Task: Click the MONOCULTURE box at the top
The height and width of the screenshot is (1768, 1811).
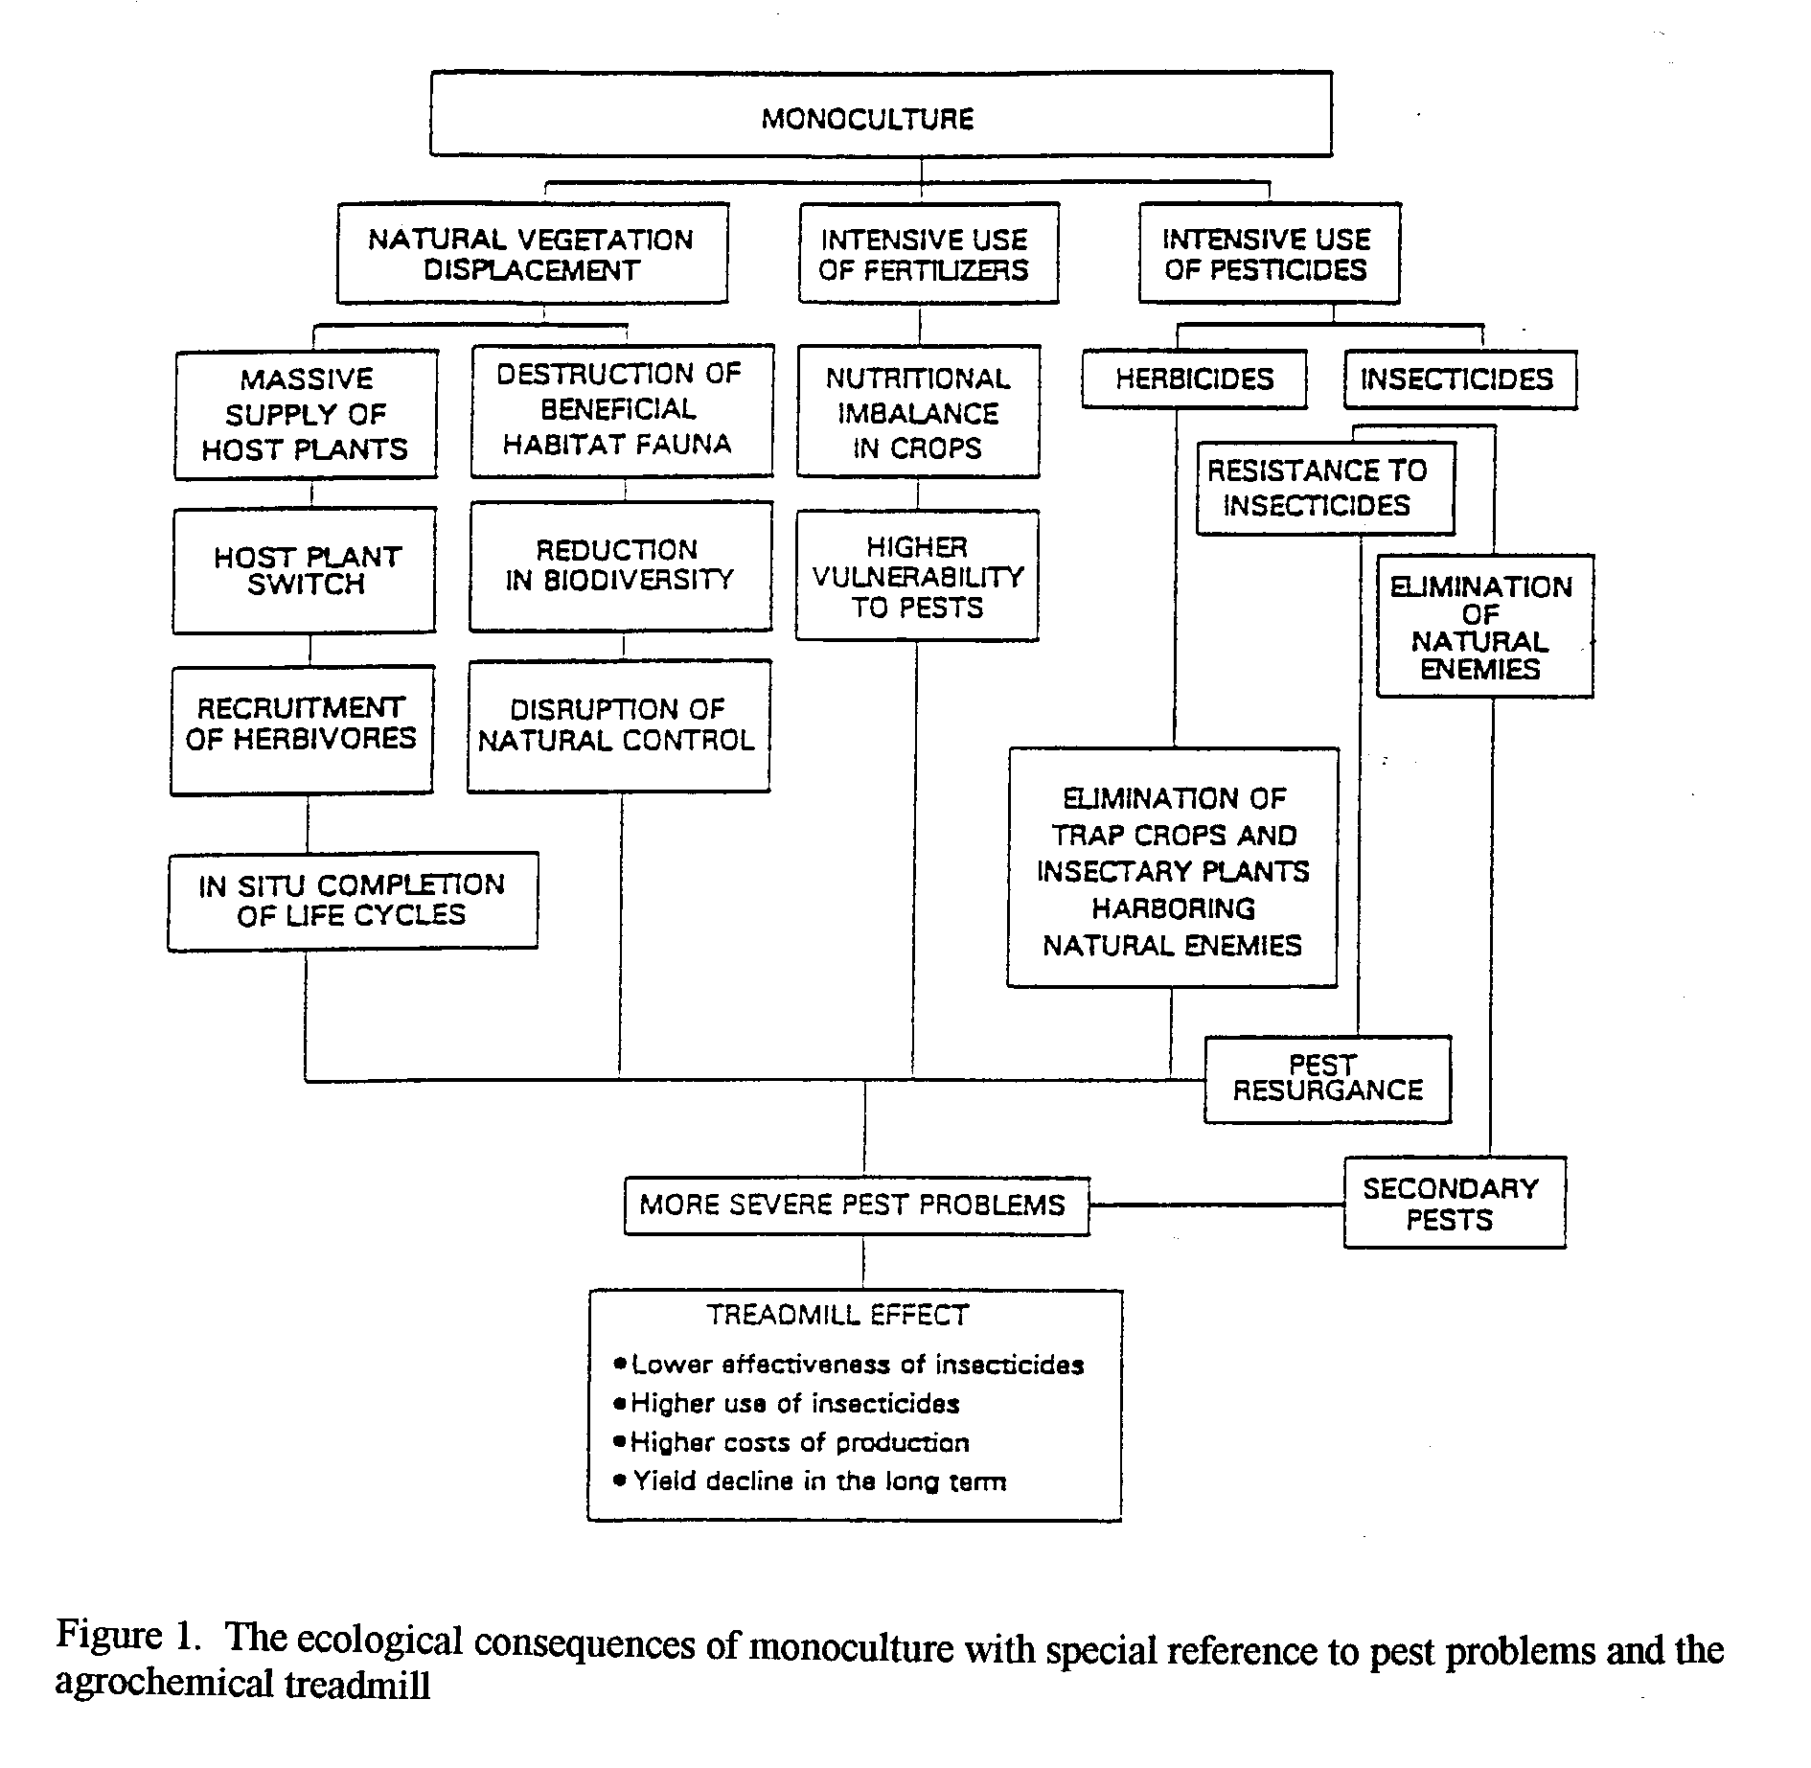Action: point(881,113)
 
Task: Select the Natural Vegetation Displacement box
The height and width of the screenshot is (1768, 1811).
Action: point(532,253)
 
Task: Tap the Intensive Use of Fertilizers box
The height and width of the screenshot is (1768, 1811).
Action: point(928,253)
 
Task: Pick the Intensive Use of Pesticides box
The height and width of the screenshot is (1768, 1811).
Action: point(1269,253)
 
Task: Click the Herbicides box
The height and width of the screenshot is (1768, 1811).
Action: point(1194,379)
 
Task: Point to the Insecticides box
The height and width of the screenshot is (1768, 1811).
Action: point(1460,379)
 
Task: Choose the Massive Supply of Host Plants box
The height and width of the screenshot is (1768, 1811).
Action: point(306,414)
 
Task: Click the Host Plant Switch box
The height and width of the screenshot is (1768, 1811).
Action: point(305,570)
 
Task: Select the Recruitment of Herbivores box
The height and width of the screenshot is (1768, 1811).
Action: point(302,730)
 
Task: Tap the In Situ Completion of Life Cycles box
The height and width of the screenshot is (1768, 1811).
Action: point(353,901)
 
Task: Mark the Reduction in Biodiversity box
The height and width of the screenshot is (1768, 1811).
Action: point(621,565)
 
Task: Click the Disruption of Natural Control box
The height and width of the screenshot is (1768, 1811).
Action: point(619,725)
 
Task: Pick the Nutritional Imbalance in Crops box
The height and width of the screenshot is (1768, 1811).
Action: point(918,412)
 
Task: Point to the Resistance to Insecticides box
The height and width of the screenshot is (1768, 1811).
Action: point(1325,488)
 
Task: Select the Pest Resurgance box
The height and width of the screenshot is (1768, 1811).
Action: point(1328,1079)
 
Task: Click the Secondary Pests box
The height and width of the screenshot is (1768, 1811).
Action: point(1455,1203)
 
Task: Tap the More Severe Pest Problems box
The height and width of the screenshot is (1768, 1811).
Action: point(857,1205)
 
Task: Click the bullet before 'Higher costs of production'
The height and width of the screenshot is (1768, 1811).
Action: point(621,1440)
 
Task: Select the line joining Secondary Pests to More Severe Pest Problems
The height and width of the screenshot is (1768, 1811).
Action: point(1216,1205)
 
